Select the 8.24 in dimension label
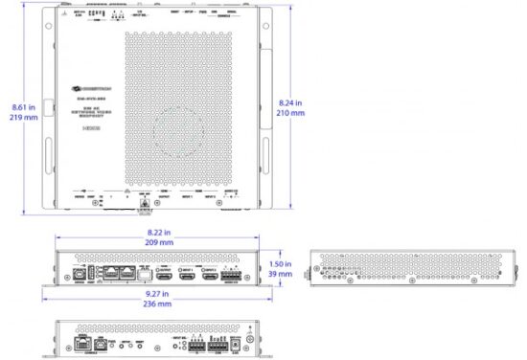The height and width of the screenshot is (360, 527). coord(291,101)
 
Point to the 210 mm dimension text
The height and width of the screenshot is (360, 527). coord(291,113)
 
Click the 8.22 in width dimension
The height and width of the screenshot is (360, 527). coord(159,233)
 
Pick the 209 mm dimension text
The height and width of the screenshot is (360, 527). coord(159,243)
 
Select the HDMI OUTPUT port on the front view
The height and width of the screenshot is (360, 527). coord(163,272)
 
